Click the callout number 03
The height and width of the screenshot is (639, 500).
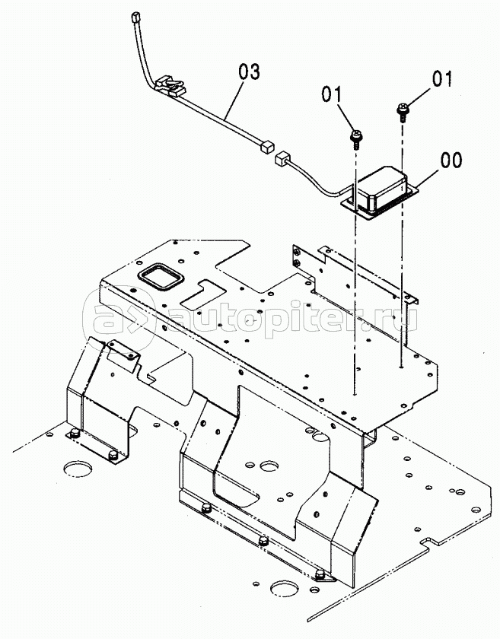(x=249, y=72)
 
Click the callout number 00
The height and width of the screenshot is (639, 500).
(x=451, y=160)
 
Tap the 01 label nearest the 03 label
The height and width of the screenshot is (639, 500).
(x=333, y=94)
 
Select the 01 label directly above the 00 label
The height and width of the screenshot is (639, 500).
(x=442, y=78)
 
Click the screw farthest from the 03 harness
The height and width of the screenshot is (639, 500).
(x=403, y=112)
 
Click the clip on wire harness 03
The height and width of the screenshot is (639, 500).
(x=170, y=85)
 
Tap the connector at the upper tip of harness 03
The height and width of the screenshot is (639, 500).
(x=135, y=18)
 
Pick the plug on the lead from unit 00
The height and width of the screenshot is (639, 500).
(x=282, y=158)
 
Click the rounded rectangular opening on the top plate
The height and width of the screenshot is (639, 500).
(x=161, y=277)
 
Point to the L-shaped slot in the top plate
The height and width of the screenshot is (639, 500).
(x=203, y=294)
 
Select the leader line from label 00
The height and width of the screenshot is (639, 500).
(x=428, y=179)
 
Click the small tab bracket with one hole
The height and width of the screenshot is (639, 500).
(x=123, y=356)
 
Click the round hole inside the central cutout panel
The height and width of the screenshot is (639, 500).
(x=269, y=466)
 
